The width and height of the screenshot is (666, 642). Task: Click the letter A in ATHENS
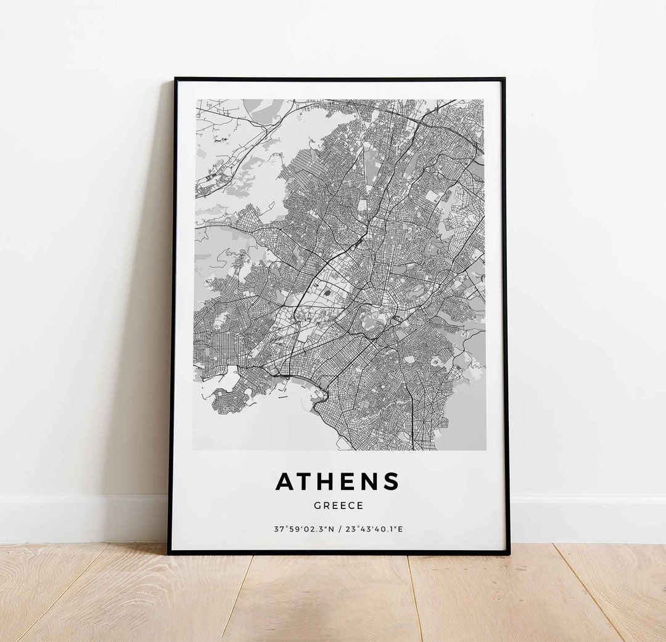286,482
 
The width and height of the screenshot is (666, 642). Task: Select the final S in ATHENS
391,482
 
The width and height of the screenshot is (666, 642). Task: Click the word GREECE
339,506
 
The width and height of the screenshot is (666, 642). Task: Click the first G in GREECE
317,506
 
